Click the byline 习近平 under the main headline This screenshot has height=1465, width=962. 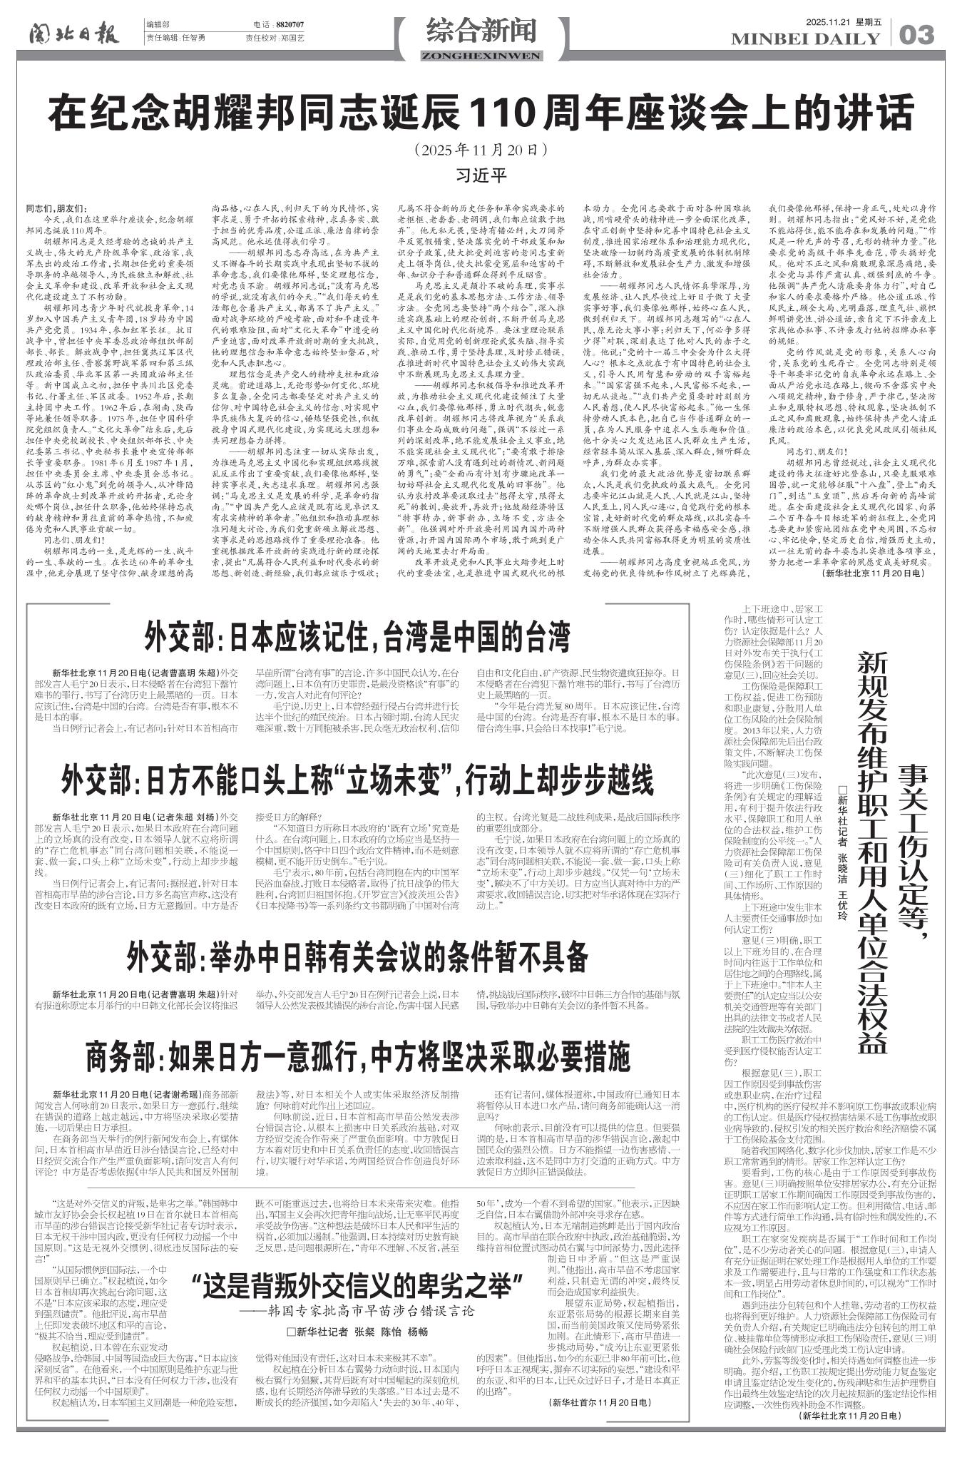tap(481, 173)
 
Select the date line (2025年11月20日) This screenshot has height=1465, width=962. tap(481, 150)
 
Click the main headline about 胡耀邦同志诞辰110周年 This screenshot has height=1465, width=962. tap(481, 113)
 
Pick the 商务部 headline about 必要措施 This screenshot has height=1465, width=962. tap(357, 1057)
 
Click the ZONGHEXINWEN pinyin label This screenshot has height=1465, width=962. tap(481, 56)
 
